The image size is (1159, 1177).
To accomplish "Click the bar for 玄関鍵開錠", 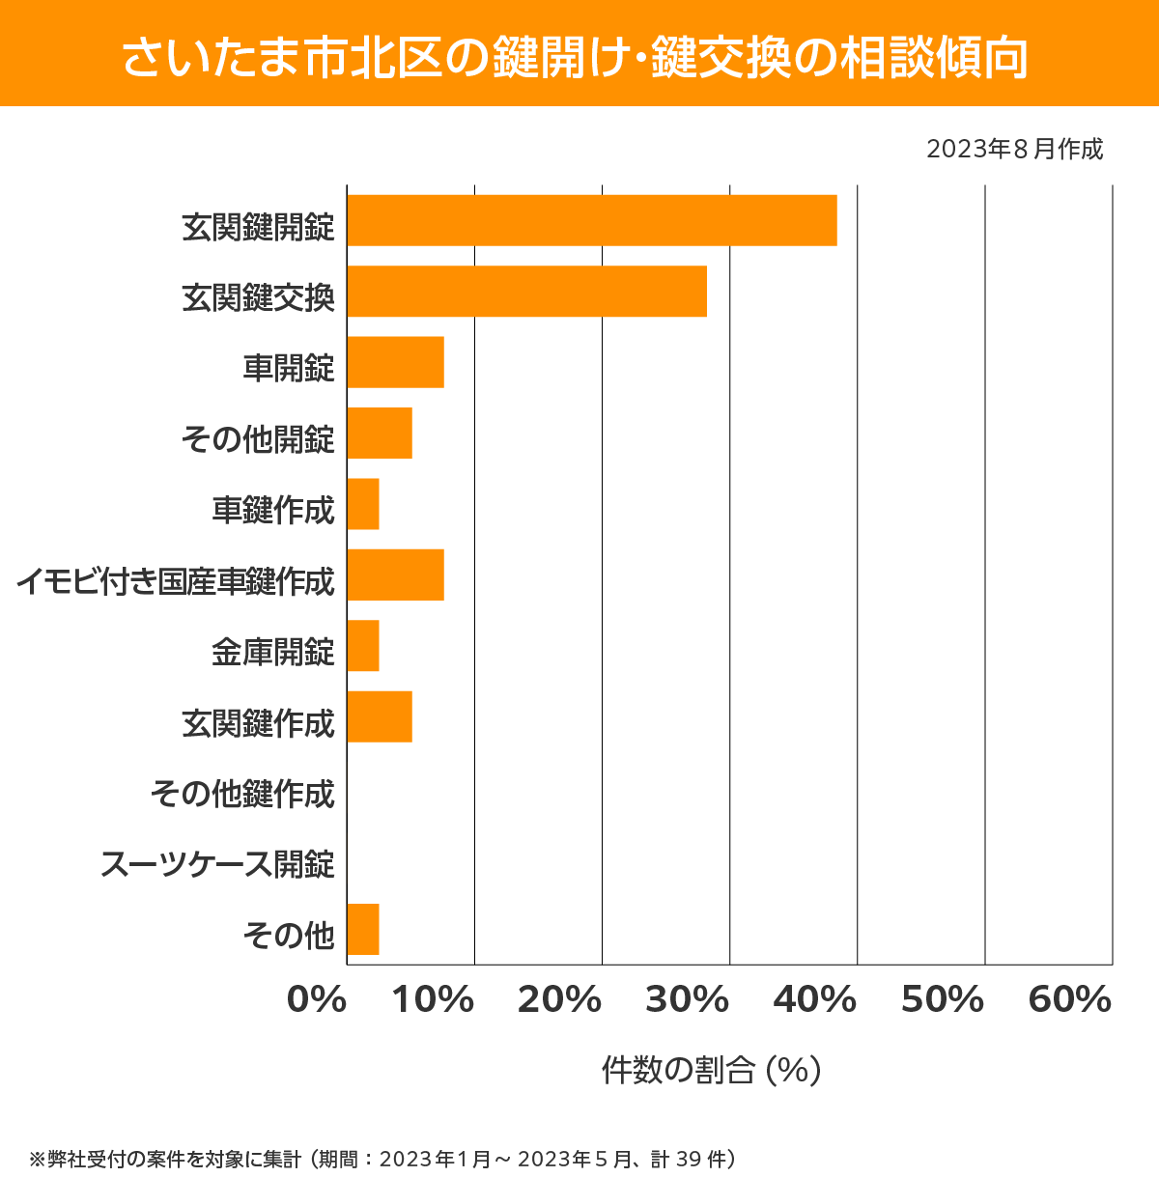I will (x=591, y=220).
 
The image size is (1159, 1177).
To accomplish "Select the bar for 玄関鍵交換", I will (x=526, y=291).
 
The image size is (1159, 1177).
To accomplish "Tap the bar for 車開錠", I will (x=395, y=362).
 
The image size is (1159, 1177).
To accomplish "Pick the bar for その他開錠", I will (x=380, y=433).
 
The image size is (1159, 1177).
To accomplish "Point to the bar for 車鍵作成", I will (x=363, y=504).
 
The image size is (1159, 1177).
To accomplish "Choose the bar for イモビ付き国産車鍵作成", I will (x=395, y=574).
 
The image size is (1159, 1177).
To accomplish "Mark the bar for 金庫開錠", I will (x=363, y=646).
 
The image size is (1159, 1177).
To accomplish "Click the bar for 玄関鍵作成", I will (x=380, y=716).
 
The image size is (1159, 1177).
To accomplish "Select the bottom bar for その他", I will (x=363, y=929).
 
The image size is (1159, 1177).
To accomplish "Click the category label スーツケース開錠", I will (x=217, y=864).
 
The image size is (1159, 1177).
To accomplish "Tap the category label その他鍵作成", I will (x=242, y=794).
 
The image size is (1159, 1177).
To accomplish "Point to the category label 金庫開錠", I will (x=273, y=652).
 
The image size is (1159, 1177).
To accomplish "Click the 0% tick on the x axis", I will (x=317, y=1000).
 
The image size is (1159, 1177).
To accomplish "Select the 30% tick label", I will (x=687, y=1000).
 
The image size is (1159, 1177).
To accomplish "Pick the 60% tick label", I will (x=1070, y=1000).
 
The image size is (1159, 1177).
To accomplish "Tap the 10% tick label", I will (x=432, y=1000).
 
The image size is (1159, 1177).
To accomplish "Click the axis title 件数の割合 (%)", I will (x=711, y=1070).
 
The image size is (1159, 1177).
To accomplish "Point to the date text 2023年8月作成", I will (x=1014, y=149).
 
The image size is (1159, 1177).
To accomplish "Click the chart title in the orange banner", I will (x=576, y=56).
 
